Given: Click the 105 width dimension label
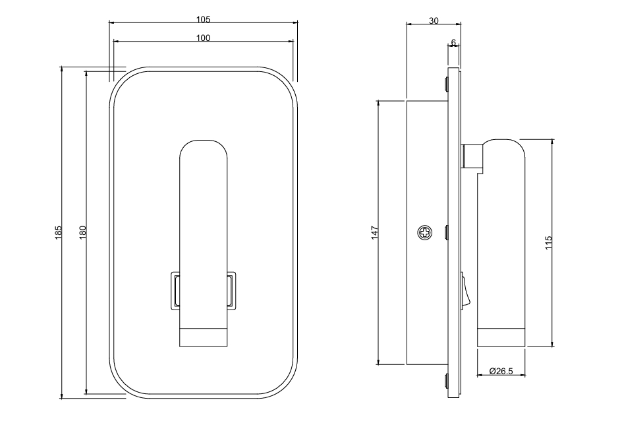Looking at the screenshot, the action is pyautogui.click(x=203, y=19).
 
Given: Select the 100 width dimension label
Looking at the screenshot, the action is pyautogui.click(x=203, y=38).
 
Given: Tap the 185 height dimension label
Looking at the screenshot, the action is pyautogui.click(x=58, y=232).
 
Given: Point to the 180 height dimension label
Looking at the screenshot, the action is pyautogui.click(x=82, y=232).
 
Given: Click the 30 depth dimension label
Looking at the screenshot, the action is pyautogui.click(x=434, y=20).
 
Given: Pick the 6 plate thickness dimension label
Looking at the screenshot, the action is pyautogui.click(x=453, y=42).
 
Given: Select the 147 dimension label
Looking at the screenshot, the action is pyautogui.click(x=375, y=232).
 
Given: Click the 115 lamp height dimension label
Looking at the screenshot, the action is pyautogui.click(x=549, y=243).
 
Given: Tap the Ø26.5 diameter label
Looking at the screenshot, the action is pyautogui.click(x=501, y=371).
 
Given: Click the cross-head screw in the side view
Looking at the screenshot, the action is pyautogui.click(x=425, y=233).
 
